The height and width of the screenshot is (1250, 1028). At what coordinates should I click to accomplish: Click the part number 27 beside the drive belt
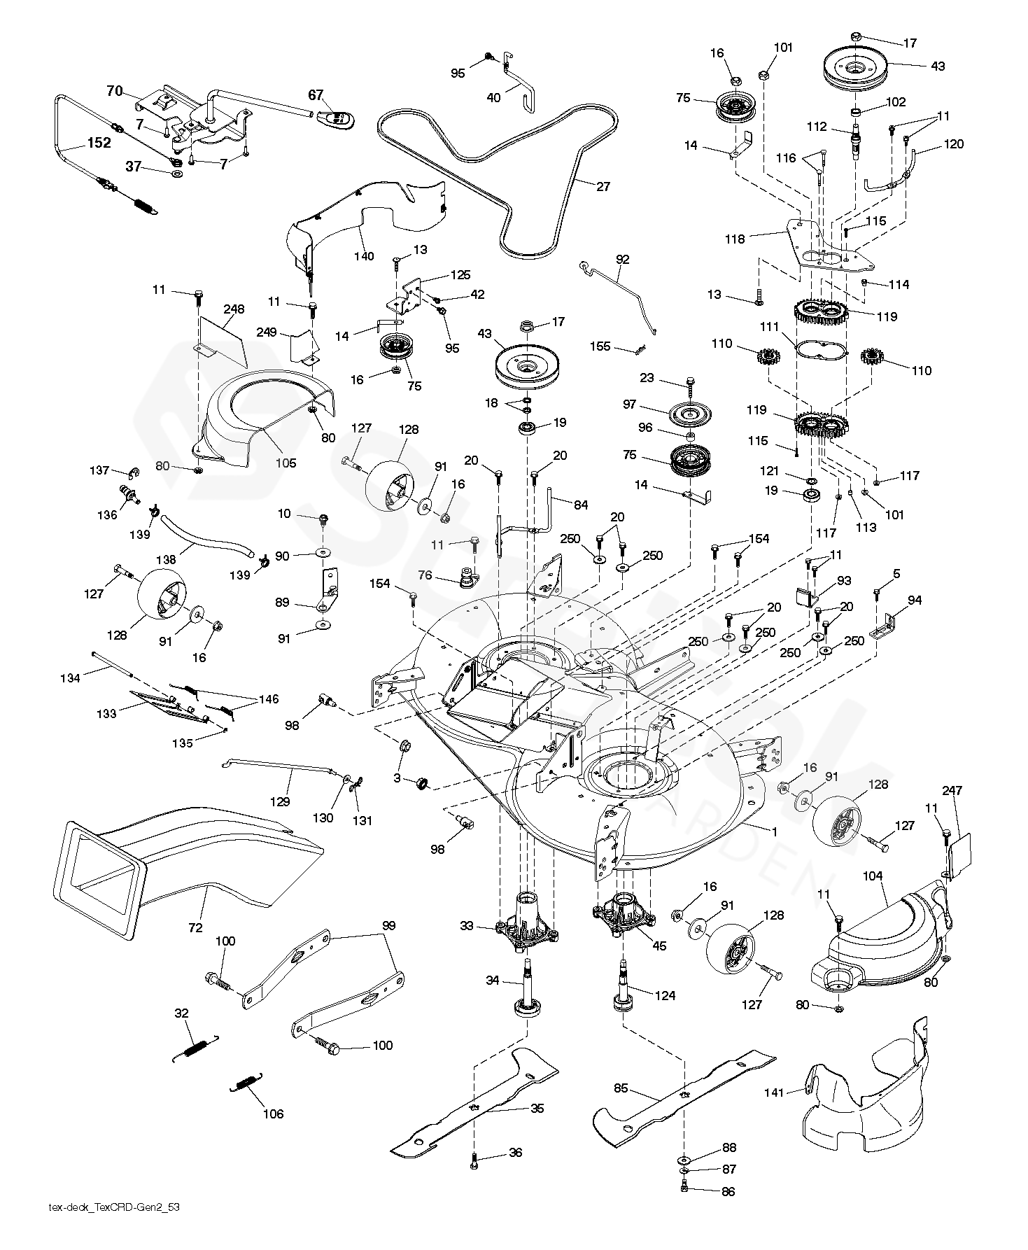pyautogui.click(x=603, y=186)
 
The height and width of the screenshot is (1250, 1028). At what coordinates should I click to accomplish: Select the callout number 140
pyautogui.click(x=364, y=256)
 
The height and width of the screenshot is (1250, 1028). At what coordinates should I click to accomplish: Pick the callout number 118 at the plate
pyautogui.click(x=734, y=239)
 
